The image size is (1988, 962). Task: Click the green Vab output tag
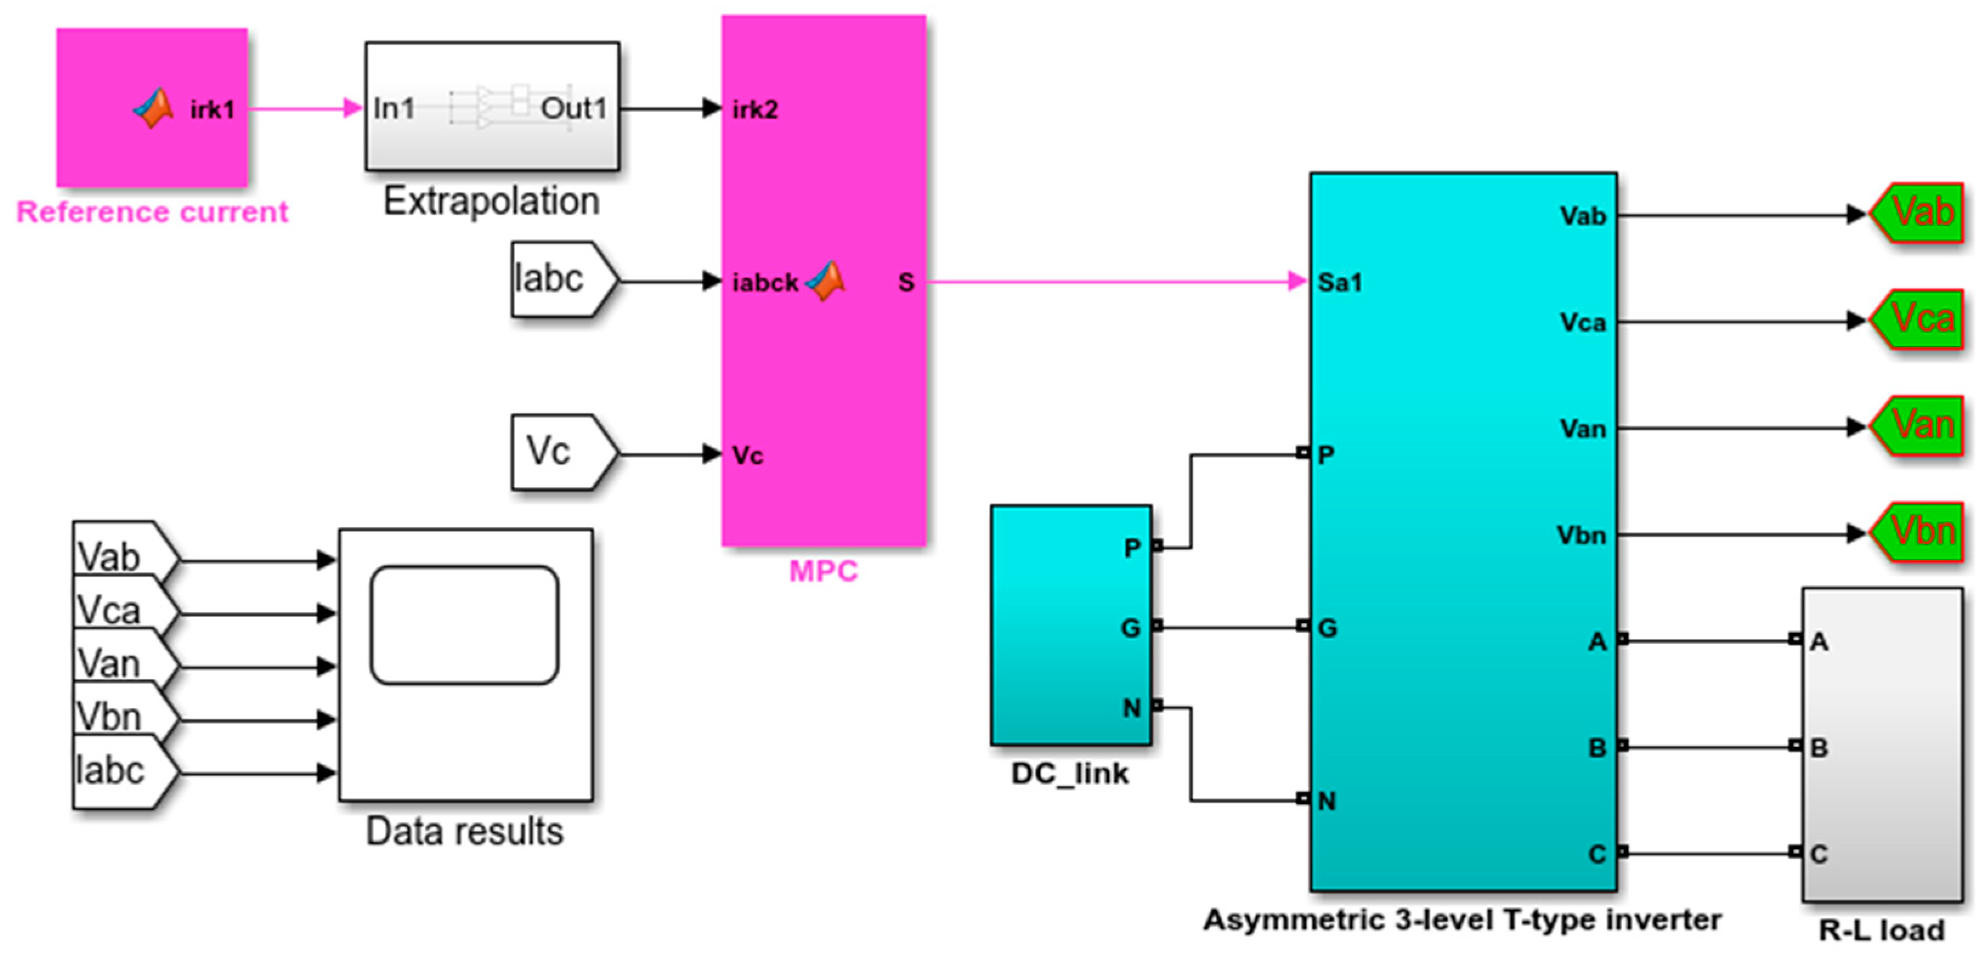coord(1918,213)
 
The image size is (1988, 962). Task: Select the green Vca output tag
coord(1918,319)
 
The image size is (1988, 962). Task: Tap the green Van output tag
coord(1918,426)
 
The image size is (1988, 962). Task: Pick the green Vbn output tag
coord(1918,532)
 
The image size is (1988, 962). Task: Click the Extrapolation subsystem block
coord(491,106)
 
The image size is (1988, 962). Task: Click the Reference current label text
coord(152,212)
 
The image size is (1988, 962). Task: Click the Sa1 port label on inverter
coord(1340,282)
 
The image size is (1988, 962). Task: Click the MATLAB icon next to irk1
coord(154,109)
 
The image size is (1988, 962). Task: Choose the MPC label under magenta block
coord(822,571)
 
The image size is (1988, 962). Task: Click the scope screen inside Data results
coord(465,625)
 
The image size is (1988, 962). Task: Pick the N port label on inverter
coord(1327,801)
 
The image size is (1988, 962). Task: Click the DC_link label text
coord(1070,774)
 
